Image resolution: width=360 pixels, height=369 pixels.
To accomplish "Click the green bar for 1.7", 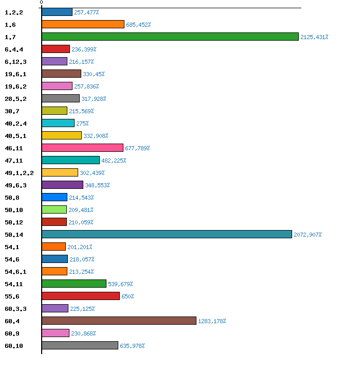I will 170,37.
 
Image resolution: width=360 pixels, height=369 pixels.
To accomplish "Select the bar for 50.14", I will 167,234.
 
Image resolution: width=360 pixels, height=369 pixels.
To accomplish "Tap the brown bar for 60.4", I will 119,321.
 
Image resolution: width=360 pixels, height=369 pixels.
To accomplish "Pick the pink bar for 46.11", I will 82,148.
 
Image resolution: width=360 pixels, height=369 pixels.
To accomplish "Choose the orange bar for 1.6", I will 83,24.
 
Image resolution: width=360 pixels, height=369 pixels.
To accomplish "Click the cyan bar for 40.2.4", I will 58,123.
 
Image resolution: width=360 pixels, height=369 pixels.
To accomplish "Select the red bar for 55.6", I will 81,296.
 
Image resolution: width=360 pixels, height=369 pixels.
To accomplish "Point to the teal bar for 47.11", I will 70,160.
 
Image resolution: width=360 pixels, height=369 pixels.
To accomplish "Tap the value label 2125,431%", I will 314,37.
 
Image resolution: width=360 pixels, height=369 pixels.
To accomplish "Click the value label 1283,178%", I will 212,321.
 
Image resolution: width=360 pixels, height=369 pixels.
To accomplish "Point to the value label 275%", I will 82,124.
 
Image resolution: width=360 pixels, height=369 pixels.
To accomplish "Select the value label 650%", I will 128,296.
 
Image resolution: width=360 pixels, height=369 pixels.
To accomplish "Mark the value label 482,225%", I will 114,161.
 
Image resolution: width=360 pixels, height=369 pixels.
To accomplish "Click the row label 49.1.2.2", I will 19,173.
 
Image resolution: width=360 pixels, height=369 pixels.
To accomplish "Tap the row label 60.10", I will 14,346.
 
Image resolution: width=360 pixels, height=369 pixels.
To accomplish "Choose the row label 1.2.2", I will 14,12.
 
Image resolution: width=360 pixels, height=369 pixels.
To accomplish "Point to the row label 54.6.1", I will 15,272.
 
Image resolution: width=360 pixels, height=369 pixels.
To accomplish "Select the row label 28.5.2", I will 15,99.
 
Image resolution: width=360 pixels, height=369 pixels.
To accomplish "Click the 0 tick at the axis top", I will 42,3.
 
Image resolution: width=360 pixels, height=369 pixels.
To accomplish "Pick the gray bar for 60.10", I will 80,345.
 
